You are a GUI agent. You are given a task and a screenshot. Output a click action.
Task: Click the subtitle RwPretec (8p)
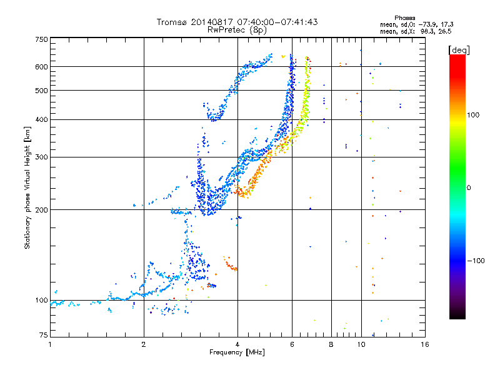[237, 30]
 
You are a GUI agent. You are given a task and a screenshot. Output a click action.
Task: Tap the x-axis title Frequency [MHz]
[237, 352]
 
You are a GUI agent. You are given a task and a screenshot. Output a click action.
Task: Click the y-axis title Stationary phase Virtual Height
[27, 187]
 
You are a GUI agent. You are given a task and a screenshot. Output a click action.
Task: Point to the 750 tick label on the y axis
[42, 39]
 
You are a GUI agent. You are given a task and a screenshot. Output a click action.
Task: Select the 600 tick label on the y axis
[42, 67]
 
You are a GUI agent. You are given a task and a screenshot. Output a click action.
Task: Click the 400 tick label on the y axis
[42, 120]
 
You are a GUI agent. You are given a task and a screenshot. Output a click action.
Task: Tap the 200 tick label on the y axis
[42, 210]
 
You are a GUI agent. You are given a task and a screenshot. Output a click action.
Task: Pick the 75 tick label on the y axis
[44, 335]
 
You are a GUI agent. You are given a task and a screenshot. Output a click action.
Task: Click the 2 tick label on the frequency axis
[144, 344]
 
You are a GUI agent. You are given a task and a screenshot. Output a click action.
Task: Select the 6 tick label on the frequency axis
[292, 344]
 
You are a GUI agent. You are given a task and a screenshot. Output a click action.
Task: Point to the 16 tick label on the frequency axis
[425, 344]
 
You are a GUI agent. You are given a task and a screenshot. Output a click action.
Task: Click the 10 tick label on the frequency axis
[361, 344]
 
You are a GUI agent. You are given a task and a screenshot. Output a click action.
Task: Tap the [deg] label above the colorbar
[459, 51]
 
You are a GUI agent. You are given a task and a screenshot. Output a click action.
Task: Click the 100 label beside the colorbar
[473, 115]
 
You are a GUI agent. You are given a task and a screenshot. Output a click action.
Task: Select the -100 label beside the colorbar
[476, 261]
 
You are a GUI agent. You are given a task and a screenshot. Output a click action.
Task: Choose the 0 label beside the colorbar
[469, 188]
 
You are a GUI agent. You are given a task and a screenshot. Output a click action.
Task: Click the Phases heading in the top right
[404, 18]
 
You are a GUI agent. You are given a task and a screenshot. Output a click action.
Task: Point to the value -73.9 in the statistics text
[429, 24]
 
